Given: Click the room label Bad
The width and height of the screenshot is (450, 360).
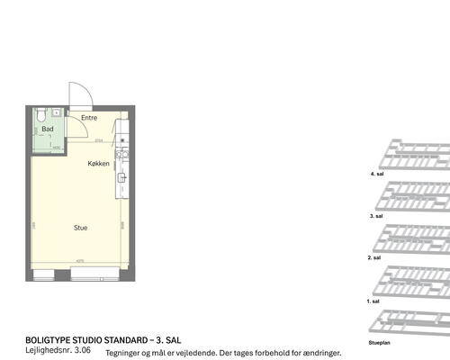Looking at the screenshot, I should pos(47,130).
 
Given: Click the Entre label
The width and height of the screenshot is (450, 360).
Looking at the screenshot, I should pos(89,118).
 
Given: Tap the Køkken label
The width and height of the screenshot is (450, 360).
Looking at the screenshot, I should pos(99,164).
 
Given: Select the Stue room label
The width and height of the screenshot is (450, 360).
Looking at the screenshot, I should pos(81,228).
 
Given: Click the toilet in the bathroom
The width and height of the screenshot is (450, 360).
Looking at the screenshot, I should pos(40,113).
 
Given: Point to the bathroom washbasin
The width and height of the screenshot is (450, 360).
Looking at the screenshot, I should pos(57,112).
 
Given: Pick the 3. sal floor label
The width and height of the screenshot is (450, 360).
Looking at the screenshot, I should pos(377,217).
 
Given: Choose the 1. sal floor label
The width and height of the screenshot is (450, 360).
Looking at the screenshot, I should pos(373,301).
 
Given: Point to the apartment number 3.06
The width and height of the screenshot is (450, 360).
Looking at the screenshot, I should pos(83,351).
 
